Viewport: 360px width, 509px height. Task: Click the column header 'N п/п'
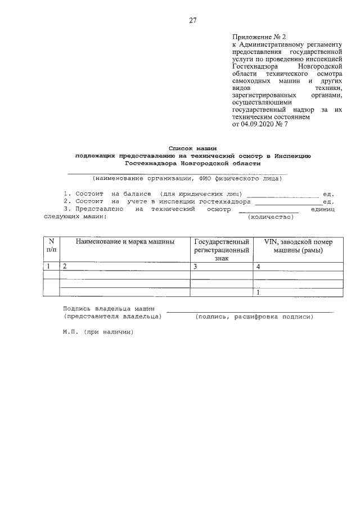[51, 245]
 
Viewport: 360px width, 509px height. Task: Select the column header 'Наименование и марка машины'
[124, 241]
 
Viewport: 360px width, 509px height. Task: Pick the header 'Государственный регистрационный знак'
[221, 249]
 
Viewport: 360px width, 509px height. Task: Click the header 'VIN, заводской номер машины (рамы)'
[298, 245]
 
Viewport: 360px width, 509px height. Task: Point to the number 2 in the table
[65, 267]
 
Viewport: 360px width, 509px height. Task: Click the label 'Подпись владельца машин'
[110, 309]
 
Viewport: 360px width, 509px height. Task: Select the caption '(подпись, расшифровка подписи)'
[253, 317]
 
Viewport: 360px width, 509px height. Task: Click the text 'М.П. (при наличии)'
[98, 332]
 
